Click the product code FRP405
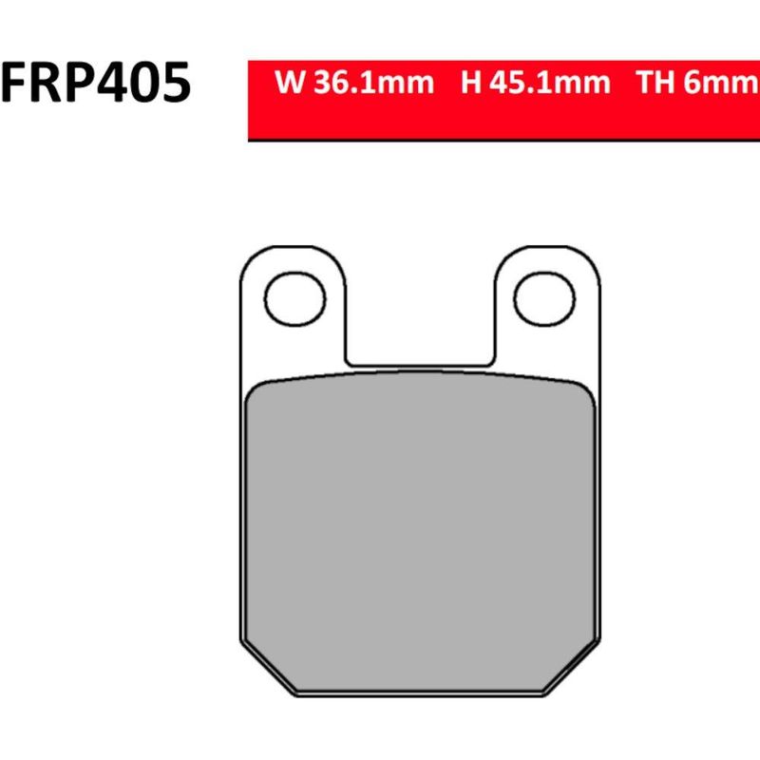click(x=96, y=83)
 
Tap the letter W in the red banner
click(x=290, y=82)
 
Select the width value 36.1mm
click(x=373, y=82)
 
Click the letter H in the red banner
click(x=470, y=82)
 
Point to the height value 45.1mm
click(x=550, y=82)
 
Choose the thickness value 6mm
click(x=720, y=82)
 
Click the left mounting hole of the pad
click(x=295, y=298)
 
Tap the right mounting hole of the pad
click(x=544, y=298)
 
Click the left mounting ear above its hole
click(x=294, y=258)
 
